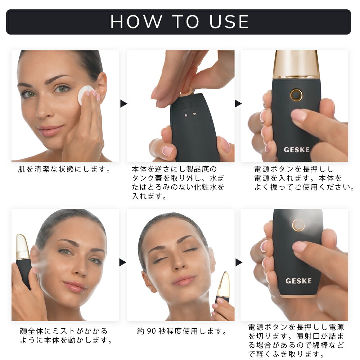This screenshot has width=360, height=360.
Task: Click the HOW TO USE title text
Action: [180, 22]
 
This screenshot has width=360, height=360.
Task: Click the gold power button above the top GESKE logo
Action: [296, 95]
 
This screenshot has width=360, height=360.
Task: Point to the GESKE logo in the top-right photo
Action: [297, 150]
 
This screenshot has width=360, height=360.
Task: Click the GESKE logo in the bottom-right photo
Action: [298, 281]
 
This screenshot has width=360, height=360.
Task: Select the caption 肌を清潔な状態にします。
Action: [64, 169]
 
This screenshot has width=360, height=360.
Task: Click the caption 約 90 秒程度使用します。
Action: [181, 331]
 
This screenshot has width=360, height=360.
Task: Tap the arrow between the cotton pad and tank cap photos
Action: [123, 104]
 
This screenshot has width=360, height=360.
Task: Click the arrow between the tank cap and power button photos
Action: [238, 104]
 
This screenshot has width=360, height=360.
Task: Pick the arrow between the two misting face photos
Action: [123, 262]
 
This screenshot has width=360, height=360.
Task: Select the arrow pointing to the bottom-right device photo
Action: [239, 262]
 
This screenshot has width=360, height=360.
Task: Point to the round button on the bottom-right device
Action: [298, 225]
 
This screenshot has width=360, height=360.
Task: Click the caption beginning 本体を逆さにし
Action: [178, 183]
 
